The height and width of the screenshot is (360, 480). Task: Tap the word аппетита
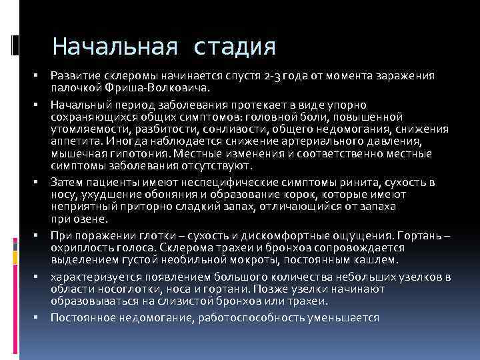pos(73,141)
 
